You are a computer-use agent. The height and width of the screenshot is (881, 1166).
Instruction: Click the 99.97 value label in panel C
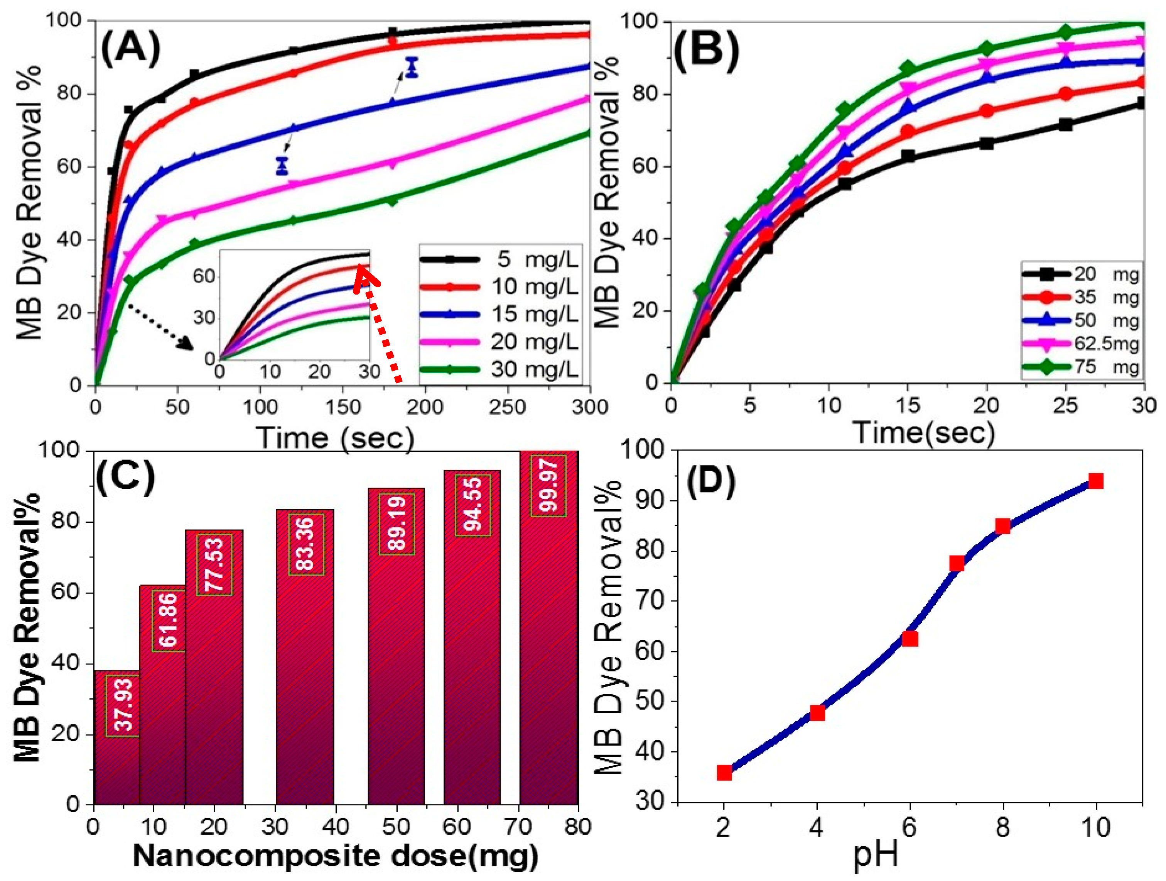click(x=548, y=485)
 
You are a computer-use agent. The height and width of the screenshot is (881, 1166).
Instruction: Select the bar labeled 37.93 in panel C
click(x=116, y=739)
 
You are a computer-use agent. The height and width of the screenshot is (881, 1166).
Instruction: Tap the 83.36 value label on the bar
click(x=306, y=544)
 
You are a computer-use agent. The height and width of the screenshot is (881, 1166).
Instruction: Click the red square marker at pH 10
click(x=1095, y=481)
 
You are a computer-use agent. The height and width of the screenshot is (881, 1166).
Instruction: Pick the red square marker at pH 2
click(x=724, y=773)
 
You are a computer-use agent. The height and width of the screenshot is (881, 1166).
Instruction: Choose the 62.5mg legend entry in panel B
click(x=1081, y=344)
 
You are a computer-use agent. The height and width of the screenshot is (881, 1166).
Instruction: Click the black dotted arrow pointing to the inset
click(x=161, y=327)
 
